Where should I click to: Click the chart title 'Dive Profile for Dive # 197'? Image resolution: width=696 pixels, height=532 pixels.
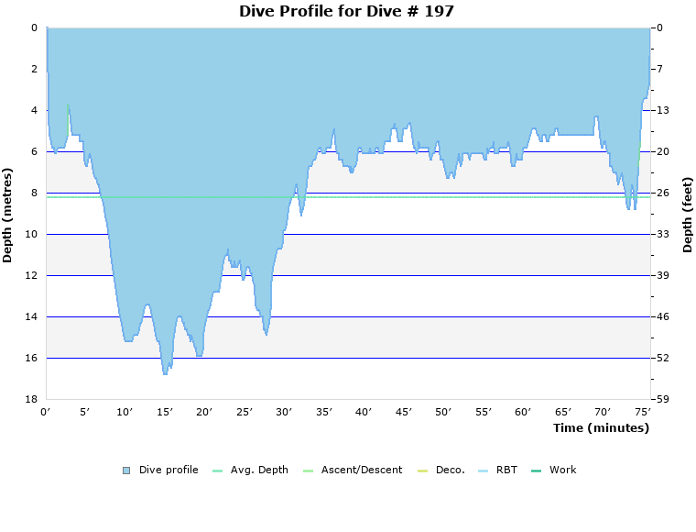(x=346, y=12)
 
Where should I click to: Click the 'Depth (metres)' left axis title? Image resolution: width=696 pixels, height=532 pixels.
(x=8, y=215)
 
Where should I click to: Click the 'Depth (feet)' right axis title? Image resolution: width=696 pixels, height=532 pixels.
(x=687, y=215)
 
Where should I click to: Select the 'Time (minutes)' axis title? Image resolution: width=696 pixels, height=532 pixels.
(x=601, y=428)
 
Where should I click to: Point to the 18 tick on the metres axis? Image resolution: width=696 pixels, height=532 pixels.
(x=30, y=399)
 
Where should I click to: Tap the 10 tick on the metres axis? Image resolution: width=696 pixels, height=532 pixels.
(x=30, y=234)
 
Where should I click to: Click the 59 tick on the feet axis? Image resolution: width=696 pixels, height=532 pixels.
(x=662, y=399)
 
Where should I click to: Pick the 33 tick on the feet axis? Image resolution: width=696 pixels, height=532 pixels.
(x=662, y=234)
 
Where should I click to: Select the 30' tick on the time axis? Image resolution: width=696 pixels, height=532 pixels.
(x=284, y=413)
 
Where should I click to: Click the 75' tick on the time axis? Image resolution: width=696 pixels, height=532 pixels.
(x=643, y=413)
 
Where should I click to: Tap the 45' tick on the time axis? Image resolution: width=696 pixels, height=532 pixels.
(x=403, y=413)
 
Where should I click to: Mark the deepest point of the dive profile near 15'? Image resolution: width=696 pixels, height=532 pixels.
(x=165, y=373)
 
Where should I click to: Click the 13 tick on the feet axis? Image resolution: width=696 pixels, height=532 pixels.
(x=662, y=110)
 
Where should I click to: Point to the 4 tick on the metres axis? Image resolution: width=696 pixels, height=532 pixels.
(x=33, y=110)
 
